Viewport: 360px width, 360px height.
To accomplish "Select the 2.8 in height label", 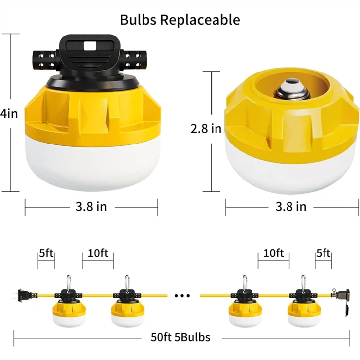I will pos(206,129).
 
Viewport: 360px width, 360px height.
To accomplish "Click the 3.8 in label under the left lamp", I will pos(91,206).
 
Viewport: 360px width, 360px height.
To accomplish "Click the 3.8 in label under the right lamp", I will pos(291,206).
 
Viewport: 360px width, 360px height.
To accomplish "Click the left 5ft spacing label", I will pos(46,253).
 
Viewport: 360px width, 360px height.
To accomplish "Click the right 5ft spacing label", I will pos(324,253).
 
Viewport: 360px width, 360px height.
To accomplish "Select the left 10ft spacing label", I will pos(98,253).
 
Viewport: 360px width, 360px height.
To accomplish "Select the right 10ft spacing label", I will pos(273,253).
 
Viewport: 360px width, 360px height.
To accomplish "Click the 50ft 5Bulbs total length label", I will pos(180,338).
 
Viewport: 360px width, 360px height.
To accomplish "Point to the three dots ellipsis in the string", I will pos(182,296).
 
